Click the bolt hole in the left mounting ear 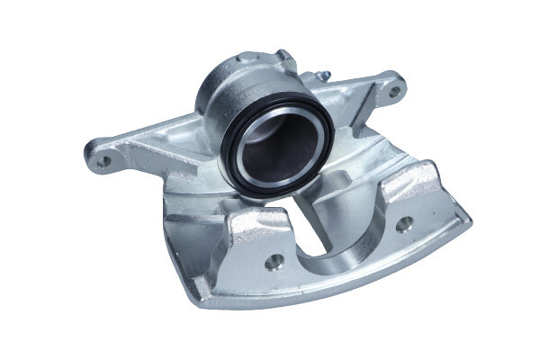pyautogui.click(x=104, y=161)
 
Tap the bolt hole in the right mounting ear pyautogui.click(x=393, y=90)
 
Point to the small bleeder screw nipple pyautogui.click(x=321, y=76)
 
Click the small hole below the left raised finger pyautogui.click(x=274, y=260)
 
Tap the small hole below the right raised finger pyautogui.click(x=404, y=224)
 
